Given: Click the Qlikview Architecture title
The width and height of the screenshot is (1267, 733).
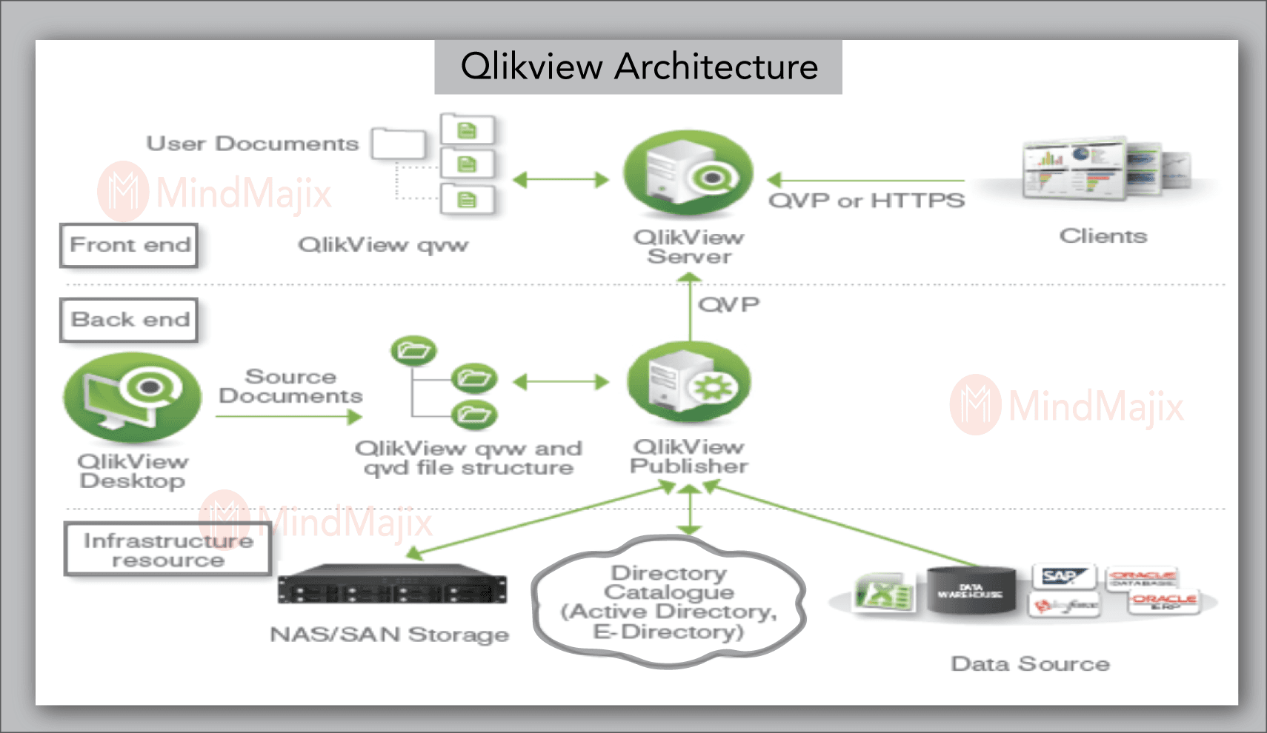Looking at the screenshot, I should [x=638, y=67].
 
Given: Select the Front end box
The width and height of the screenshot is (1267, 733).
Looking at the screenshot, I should [x=129, y=245].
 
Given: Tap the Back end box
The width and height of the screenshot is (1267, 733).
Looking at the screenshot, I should [x=129, y=320].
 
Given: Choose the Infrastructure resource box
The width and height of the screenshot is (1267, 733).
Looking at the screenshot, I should [x=167, y=549].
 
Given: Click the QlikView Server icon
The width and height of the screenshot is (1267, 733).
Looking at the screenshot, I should [x=688, y=174].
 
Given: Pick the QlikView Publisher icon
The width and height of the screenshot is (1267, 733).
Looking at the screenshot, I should [x=688, y=383].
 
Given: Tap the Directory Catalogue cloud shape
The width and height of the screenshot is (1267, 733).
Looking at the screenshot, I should [x=668, y=602].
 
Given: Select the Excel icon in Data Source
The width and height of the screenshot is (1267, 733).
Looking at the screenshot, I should [x=883, y=593].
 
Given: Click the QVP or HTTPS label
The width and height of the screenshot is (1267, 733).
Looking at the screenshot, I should [x=866, y=201].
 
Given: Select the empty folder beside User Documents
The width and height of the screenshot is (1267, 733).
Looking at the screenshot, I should [x=399, y=144].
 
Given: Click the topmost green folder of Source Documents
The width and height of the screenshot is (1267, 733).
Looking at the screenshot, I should [x=413, y=350].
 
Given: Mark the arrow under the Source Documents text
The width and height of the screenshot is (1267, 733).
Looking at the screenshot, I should [x=289, y=417].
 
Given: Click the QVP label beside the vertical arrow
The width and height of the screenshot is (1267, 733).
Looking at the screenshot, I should [x=728, y=304].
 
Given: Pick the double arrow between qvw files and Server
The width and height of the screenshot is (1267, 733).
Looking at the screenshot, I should [x=560, y=180].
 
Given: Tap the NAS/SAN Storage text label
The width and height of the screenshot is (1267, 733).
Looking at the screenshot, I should [x=389, y=635].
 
